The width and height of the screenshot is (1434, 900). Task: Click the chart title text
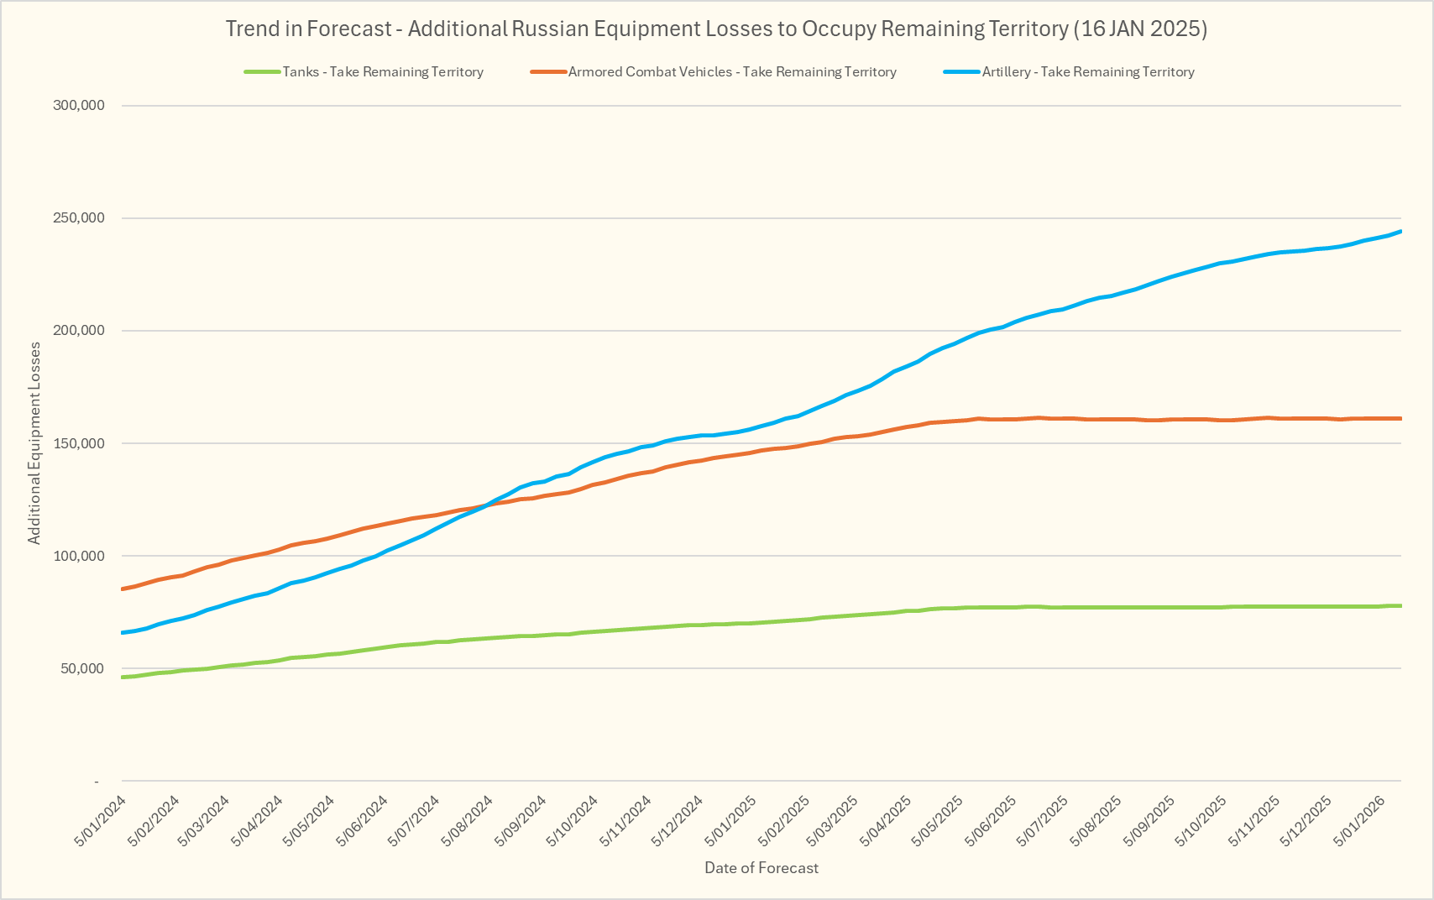(716, 29)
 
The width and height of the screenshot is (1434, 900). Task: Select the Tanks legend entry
(383, 72)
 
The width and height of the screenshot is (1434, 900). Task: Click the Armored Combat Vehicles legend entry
(732, 72)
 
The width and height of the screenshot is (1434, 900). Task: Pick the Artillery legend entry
(1088, 72)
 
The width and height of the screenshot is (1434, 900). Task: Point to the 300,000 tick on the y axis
(77, 106)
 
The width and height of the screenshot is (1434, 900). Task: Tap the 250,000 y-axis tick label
(77, 218)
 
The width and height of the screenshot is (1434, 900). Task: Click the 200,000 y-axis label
(77, 331)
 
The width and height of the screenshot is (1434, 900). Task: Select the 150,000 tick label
(77, 443)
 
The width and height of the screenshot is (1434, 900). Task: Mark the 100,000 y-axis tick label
(77, 556)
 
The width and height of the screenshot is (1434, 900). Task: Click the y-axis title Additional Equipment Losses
(34, 443)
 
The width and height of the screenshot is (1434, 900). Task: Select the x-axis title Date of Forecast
(761, 868)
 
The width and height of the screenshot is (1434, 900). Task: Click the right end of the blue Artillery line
(1400, 232)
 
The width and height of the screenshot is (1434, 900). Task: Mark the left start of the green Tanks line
(123, 677)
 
